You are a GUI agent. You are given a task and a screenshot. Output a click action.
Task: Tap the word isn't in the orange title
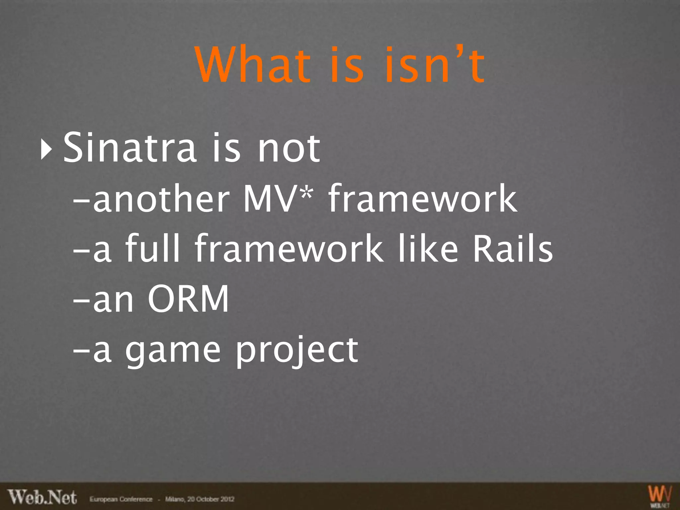click(435, 65)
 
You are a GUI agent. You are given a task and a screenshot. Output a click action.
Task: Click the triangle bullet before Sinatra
click(46, 149)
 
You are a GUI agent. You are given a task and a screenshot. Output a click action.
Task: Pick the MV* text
click(278, 199)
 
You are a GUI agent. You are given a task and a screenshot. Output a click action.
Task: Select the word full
click(152, 248)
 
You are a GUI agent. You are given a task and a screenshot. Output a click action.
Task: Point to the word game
click(173, 351)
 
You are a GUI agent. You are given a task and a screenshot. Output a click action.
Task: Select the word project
click(297, 351)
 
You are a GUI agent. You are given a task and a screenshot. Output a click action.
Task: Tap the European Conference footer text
click(121, 499)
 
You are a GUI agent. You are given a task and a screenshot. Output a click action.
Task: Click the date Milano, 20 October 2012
click(200, 499)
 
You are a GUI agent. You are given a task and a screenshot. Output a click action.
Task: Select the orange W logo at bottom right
click(660, 495)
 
